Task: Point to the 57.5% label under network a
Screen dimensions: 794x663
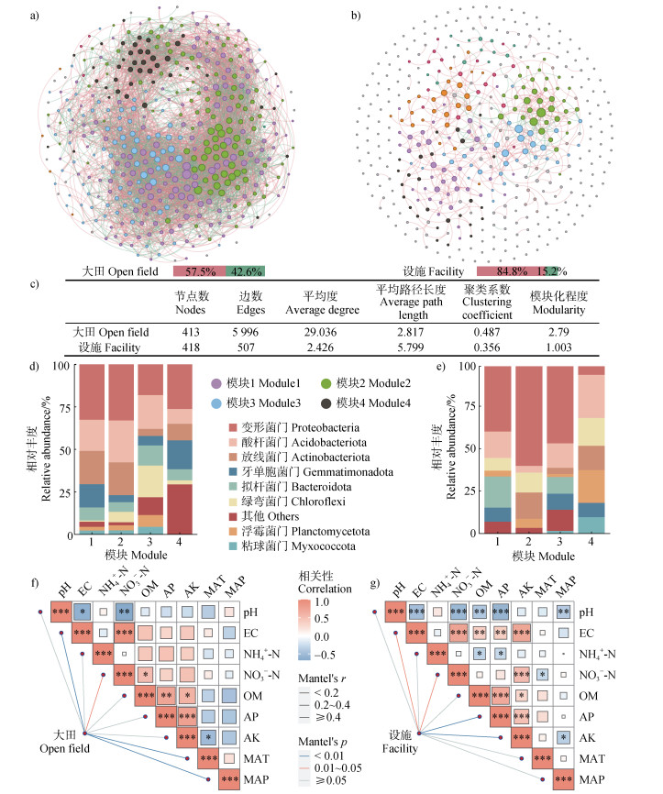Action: click(x=199, y=271)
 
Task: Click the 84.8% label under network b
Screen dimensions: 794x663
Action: click(x=503, y=271)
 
